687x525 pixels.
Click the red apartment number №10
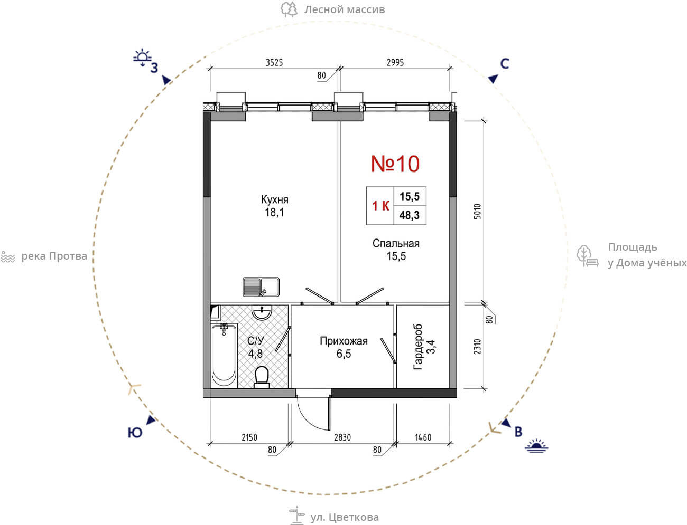tap(395, 164)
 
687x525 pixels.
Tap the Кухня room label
tap(274, 199)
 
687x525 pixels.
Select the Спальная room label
tap(396, 243)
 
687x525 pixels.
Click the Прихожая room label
tap(343, 341)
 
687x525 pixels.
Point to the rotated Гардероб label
tap(418, 347)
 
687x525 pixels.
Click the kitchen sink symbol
tap(261, 287)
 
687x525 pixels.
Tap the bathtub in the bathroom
tap(224, 356)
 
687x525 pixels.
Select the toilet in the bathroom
tap(262, 377)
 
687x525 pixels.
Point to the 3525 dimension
tap(274, 62)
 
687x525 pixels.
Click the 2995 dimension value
tap(395, 62)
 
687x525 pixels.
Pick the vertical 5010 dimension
tap(477, 212)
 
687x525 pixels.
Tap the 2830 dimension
tap(342, 437)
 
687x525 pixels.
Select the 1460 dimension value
tap(423, 437)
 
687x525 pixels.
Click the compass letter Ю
tap(135, 433)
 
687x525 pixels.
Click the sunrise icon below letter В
tap(536, 446)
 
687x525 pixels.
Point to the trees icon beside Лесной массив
tap(289, 9)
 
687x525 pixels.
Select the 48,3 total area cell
tap(410, 215)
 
